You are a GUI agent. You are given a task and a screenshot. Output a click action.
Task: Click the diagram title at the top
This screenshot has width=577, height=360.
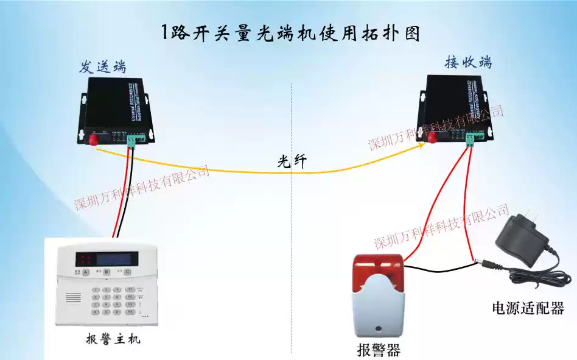pyautogui.click(x=291, y=32)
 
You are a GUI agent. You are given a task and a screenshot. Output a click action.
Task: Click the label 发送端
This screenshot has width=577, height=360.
pyautogui.click(x=102, y=66)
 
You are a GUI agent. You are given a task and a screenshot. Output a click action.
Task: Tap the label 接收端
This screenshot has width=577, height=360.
pyautogui.click(x=468, y=62)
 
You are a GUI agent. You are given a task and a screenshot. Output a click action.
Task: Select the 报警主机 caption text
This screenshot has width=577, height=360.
pyautogui.click(x=113, y=339)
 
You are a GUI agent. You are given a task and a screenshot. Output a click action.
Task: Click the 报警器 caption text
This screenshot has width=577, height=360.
pyautogui.click(x=378, y=350)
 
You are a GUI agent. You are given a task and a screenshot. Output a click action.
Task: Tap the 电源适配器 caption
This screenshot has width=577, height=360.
pyautogui.click(x=528, y=308)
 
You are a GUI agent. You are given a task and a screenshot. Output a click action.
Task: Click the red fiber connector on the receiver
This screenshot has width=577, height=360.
pyautogui.click(x=432, y=138)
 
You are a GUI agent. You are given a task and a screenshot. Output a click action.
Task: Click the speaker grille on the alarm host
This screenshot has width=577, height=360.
pyautogui.click(x=73, y=298)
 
